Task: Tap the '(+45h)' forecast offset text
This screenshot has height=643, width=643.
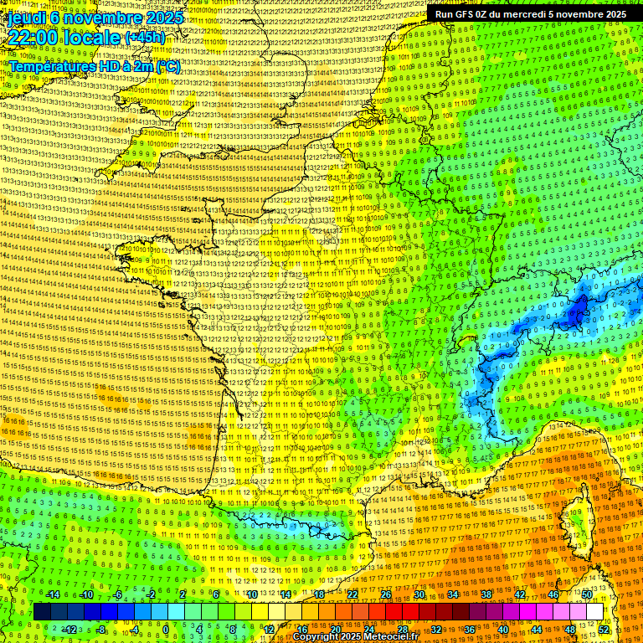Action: tap(144, 38)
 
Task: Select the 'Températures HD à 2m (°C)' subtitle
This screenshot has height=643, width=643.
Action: tap(94, 66)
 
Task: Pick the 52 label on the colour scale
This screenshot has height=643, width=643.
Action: tap(604, 630)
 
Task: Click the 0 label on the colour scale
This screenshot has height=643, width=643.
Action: tap(166, 630)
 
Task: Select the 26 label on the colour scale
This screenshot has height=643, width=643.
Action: tap(385, 594)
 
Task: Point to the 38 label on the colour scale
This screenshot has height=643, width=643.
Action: tap(486, 594)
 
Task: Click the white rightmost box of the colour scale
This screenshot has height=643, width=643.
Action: tap(594, 612)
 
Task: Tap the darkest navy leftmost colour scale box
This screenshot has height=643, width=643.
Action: tap(43, 612)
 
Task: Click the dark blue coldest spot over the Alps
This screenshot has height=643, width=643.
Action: tap(578, 315)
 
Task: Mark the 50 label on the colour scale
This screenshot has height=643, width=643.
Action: tap(587, 594)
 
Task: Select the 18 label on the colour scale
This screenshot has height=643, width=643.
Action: tap(319, 594)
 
